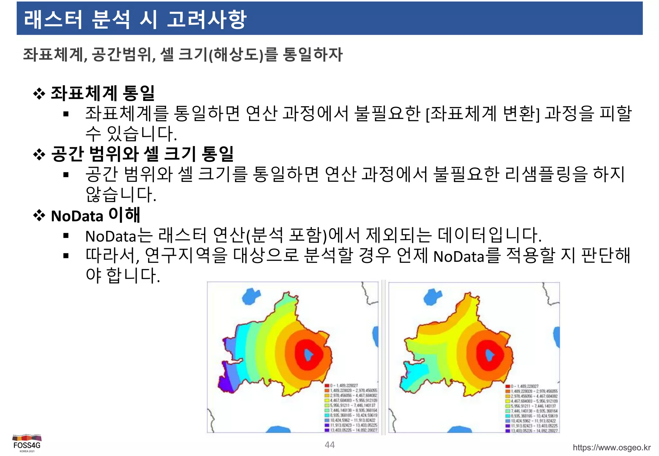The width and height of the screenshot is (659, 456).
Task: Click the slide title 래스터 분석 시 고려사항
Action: (x=135, y=19)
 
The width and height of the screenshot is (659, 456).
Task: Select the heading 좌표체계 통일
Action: (x=103, y=93)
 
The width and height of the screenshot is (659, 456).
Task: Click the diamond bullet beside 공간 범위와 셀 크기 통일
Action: (x=39, y=155)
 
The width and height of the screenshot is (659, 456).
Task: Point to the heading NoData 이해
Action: (x=95, y=215)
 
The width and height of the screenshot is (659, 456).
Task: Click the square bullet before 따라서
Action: (x=66, y=256)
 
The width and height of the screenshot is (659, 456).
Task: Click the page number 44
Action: (x=329, y=445)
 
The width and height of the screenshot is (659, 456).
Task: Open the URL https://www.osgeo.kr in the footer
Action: (x=611, y=448)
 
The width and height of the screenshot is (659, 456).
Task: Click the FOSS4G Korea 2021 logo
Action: (x=27, y=443)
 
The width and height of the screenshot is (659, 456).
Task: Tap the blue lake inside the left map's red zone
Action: (x=309, y=354)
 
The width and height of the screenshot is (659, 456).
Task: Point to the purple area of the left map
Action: (x=225, y=383)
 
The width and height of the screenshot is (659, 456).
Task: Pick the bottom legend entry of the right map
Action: (x=531, y=431)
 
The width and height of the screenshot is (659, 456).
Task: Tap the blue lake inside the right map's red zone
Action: (x=490, y=355)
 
